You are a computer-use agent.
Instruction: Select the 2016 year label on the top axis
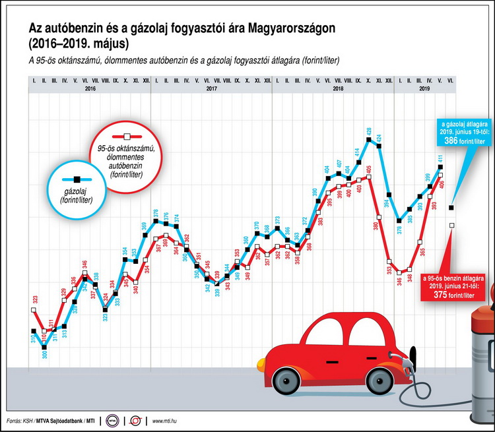tap(90, 88)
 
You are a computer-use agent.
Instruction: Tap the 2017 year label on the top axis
tap(211, 88)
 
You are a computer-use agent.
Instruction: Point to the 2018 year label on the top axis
tap(338, 88)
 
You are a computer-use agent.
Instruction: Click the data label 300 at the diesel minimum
tap(45, 355)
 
